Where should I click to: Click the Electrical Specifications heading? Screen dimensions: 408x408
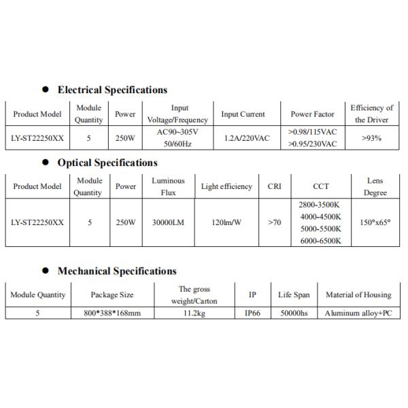tap(112, 90)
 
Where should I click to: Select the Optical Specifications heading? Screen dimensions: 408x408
tap(107, 163)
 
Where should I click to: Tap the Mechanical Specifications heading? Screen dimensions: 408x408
tap(117, 271)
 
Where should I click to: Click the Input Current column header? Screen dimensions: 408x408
tap(243, 114)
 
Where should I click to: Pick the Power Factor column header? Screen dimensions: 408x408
tap(311, 114)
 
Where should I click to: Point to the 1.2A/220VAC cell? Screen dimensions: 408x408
tap(247, 138)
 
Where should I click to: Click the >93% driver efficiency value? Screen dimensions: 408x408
tap(372, 138)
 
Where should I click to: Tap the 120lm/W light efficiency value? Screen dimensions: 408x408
tap(226, 222)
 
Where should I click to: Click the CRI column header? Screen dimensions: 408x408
tap(275, 186)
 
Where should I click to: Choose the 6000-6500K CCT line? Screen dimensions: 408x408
tap(320, 241)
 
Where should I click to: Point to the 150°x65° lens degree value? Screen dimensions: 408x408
tap(375, 222)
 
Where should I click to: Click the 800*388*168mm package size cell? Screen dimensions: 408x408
tap(112, 313)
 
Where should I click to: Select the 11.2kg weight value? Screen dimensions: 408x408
tap(194, 313)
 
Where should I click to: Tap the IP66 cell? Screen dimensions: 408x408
tap(252, 313)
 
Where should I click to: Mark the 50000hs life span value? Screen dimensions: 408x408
tap(294, 313)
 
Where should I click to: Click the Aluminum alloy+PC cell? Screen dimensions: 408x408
tap(358, 313)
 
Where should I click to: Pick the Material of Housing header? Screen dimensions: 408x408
tap(358, 295)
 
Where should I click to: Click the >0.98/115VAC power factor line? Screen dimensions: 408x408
tap(312, 132)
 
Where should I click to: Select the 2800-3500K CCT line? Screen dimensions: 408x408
tap(320, 204)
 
